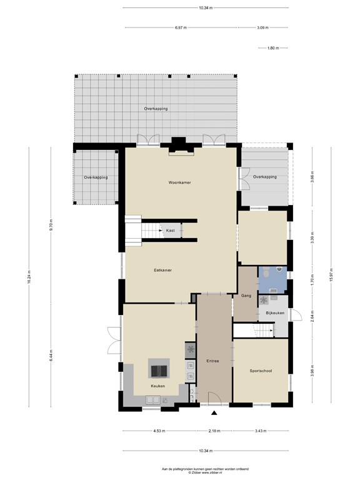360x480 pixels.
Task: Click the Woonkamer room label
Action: (180, 182)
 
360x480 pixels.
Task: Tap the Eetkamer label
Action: (162, 270)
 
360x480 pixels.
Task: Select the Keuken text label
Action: (158, 386)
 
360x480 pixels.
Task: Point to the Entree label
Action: (212, 361)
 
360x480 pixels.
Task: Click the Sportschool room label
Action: (261, 371)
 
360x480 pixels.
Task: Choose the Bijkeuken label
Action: (275, 313)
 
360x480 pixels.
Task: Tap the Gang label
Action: (246, 296)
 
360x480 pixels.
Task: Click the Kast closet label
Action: (171, 231)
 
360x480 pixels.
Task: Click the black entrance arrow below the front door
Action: (214, 413)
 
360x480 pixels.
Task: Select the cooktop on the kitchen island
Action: (158, 371)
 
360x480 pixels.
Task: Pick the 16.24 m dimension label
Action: (29, 277)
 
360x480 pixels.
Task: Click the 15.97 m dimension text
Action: (331, 276)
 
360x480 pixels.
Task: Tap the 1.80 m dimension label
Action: (273, 48)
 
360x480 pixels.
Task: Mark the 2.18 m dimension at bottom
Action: (214, 431)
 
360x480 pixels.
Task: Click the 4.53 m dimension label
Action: (159, 431)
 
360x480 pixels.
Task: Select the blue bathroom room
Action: (272, 280)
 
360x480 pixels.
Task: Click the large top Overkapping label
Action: (156, 109)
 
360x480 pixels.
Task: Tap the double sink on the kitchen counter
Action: (152, 399)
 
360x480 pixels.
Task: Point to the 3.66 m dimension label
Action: (312, 177)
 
